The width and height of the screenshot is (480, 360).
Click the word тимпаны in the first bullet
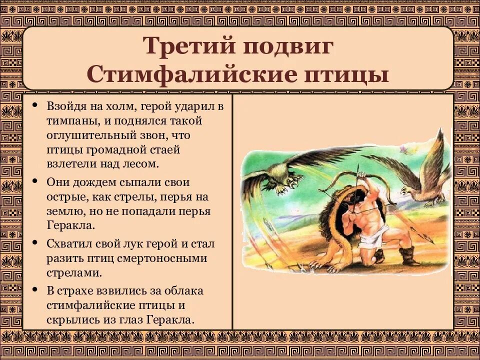point(70,121)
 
